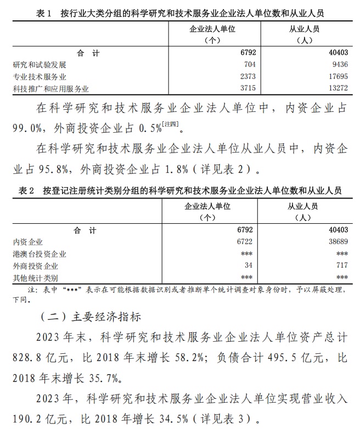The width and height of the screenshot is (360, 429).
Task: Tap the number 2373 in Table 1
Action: point(243,77)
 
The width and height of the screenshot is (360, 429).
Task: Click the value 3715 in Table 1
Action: point(243,88)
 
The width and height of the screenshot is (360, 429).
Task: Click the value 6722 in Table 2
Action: point(243,242)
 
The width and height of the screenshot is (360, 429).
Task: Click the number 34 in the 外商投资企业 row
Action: point(247,266)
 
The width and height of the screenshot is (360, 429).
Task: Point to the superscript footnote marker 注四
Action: point(170,126)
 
